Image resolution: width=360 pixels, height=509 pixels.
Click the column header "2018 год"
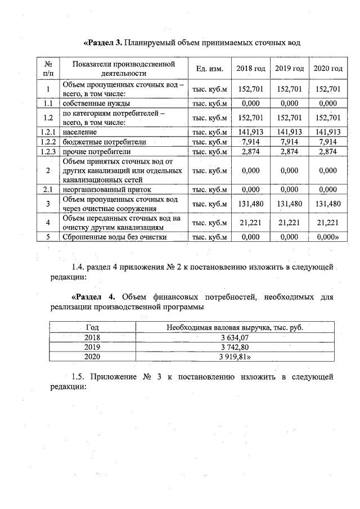point(251,69)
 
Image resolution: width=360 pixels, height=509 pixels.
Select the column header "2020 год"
point(328,69)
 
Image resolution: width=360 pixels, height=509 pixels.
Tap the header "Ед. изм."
point(210,69)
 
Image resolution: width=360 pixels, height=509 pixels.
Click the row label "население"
point(80,132)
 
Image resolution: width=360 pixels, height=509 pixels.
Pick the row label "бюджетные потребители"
point(96,142)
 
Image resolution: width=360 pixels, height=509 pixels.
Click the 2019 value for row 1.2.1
point(290,132)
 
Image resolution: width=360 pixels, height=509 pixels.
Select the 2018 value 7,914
point(251,142)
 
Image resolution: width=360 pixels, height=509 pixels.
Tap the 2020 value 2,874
point(328,152)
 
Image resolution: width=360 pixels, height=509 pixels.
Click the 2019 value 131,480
point(290,204)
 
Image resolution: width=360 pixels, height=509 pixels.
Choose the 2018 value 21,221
point(251,223)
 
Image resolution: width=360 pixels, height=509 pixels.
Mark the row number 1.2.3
point(48,152)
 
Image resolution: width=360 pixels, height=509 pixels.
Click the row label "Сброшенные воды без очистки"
point(115,237)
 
